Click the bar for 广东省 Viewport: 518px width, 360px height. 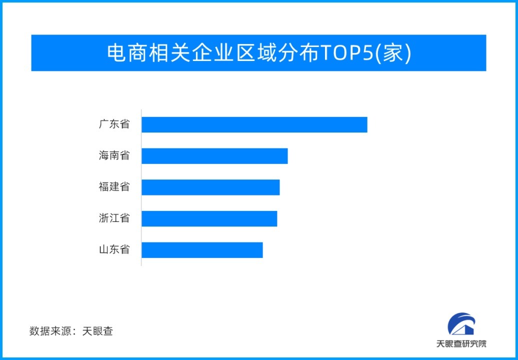click(x=254, y=124)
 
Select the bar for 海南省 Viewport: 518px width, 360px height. click(x=214, y=156)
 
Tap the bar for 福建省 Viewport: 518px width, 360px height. click(x=210, y=187)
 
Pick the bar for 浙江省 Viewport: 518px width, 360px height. click(x=209, y=218)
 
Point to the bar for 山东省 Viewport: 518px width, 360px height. click(x=202, y=250)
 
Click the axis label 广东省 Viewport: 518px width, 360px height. click(x=114, y=124)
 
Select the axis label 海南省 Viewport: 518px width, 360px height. click(x=114, y=156)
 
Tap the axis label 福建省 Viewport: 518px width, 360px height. click(x=114, y=187)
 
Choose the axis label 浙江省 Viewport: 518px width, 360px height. click(x=114, y=218)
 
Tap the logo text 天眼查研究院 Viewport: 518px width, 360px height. click(x=461, y=344)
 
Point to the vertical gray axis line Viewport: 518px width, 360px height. click(x=141, y=187)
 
